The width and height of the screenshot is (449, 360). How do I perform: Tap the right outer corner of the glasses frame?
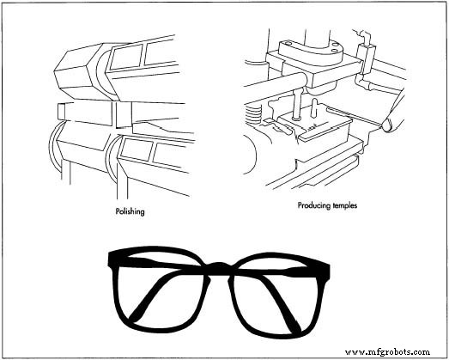coord(331,258)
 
